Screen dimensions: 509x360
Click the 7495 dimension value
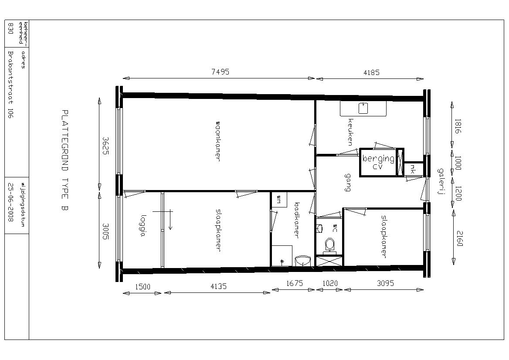220,72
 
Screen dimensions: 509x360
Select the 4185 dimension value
371,72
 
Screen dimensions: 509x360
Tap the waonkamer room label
218,141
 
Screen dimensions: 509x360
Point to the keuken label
350,132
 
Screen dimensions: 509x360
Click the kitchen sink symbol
363,108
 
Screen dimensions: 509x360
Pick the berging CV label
378,162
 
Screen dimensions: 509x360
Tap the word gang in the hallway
348,183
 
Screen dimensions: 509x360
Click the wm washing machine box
279,199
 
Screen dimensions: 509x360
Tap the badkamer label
296,221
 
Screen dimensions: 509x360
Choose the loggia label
142,226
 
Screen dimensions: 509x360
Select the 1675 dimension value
295,283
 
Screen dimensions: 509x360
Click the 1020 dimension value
330,283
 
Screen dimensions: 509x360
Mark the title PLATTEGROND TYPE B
64,161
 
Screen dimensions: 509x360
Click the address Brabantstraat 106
10,85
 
